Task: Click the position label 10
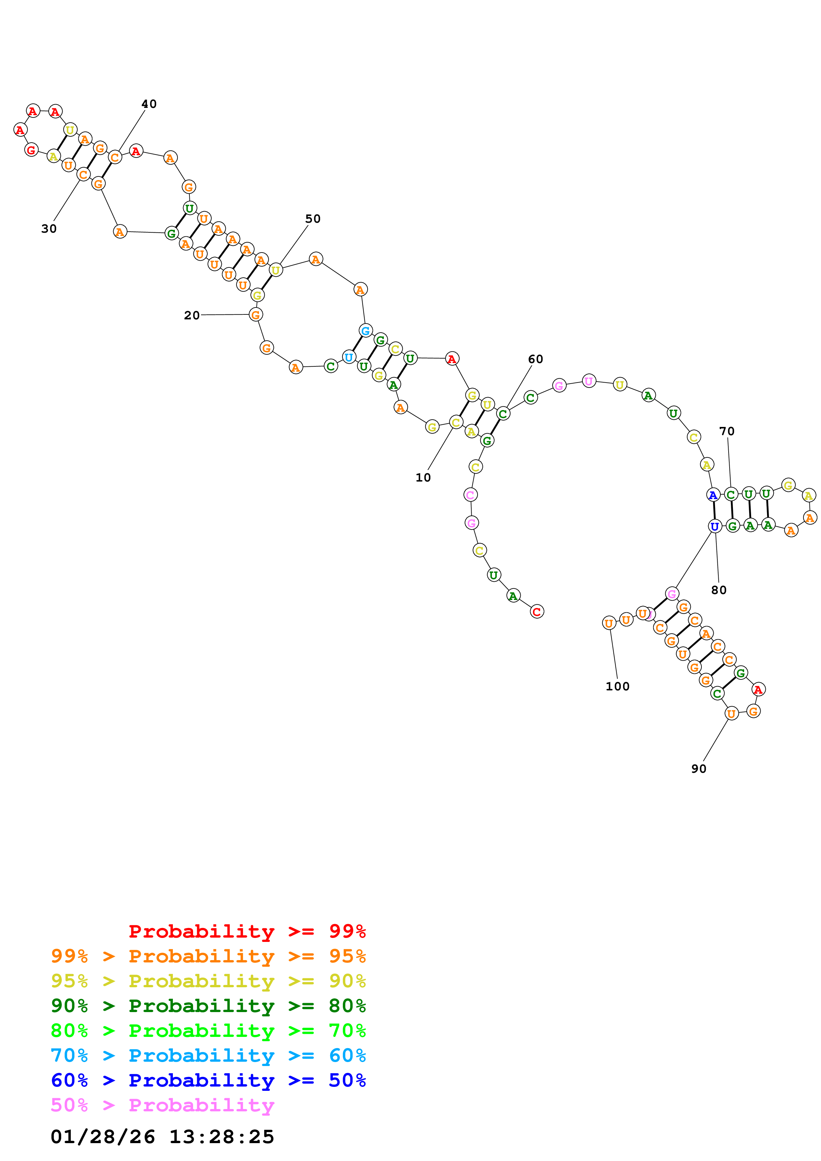click(423, 477)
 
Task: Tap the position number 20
click(192, 315)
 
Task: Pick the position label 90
click(698, 768)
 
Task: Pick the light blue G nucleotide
click(365, 331)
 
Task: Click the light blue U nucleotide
click(348, 357)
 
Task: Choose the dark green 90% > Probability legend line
click(208, 1006)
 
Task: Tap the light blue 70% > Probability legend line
click(208, 1055)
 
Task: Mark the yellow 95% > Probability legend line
click(208, 981)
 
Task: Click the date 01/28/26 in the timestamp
click(103, 1137)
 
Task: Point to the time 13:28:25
click(222, 1137)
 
